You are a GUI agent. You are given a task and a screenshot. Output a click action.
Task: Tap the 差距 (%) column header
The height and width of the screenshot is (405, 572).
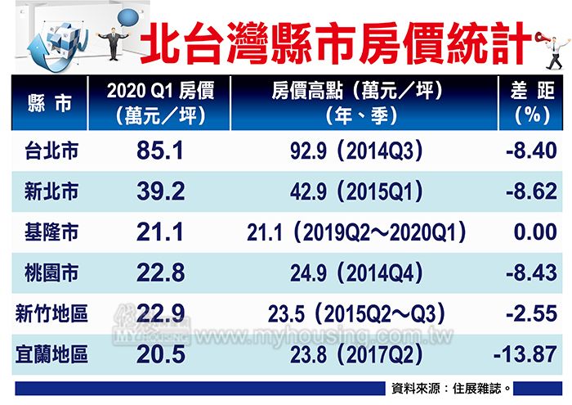533,104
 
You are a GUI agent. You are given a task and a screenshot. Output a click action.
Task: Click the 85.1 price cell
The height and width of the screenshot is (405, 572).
161,152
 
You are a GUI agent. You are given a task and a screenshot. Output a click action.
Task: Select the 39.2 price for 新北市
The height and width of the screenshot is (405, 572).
161,192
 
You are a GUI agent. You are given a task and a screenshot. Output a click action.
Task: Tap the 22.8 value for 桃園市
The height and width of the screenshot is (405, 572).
161,273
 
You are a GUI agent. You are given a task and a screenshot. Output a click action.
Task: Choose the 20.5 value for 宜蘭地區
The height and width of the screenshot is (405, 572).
161,355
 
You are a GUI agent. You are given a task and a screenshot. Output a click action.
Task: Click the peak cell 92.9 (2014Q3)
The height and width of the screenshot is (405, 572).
356,152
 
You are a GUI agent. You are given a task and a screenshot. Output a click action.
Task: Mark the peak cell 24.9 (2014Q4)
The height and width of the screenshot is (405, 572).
356,273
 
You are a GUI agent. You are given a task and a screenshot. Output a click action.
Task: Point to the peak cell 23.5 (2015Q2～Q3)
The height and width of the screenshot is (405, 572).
356,314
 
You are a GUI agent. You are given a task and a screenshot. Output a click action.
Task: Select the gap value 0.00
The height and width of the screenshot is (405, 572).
535,233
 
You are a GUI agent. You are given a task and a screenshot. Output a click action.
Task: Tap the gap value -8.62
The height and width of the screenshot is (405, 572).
532,192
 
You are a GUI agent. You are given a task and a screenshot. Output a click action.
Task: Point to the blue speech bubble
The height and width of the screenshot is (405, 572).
130,18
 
